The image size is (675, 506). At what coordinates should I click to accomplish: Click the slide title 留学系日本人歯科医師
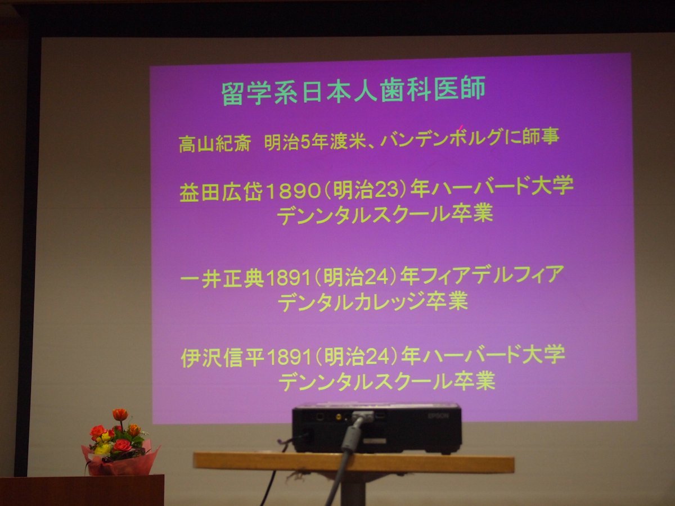(353, 91)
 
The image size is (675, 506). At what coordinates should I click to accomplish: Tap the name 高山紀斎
(215, 144)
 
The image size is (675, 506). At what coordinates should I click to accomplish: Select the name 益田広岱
(220, 192)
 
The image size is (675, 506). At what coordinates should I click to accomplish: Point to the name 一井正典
(222, 279)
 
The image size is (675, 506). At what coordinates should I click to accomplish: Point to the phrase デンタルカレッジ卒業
(373, 302)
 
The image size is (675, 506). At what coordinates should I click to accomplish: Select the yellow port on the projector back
(338, 417)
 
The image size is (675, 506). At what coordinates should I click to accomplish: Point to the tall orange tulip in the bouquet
(120, 414)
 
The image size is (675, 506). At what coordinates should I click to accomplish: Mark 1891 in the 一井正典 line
(287, 279)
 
